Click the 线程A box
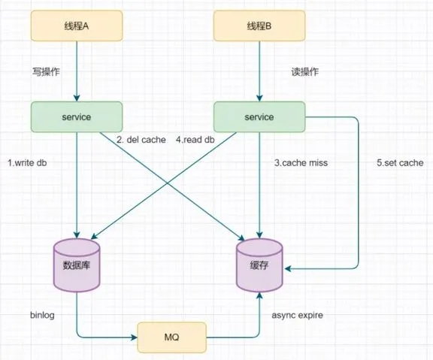tap(77, 26)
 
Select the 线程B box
tap(259, 26)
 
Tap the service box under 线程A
tap(77, 116)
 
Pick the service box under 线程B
tap(259, 116)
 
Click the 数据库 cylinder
tap(77, 265)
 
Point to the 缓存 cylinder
tap(259, 265)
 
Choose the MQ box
tap(171, 337)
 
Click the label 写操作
tap(46, 72)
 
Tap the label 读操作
tap(305, 72)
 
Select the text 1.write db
tap(27, 163)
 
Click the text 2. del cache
tap(141, 140)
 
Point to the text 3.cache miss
tap(301, 163)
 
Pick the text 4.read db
tap(195, 140)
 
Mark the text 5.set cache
tap(400, 163)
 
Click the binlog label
tap(42, 315)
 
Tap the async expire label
tap(298, 315)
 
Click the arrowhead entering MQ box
tap(135, 337)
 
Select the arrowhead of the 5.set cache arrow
tap(288, 268)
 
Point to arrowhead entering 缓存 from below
tap(259, 295)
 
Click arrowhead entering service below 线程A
tap(77, 98)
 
